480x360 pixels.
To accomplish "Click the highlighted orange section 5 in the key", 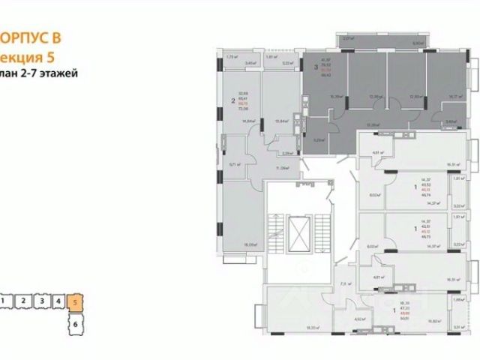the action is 75,303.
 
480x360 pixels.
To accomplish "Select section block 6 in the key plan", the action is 75,325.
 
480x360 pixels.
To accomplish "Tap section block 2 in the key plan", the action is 24,301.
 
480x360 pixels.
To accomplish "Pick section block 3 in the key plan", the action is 42,301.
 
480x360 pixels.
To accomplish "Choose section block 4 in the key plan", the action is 58,301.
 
